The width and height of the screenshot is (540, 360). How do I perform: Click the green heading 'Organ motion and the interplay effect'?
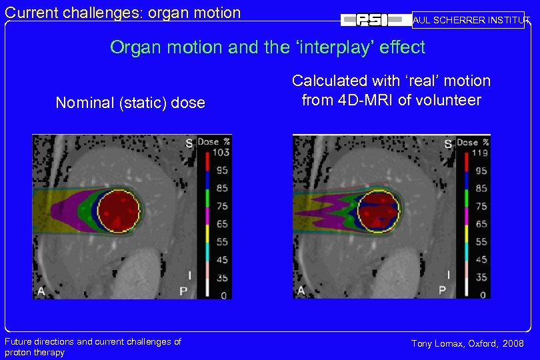(267, 47)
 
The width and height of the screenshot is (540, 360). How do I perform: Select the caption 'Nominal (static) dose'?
(130, 103)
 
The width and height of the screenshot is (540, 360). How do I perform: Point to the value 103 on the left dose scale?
(222, 153)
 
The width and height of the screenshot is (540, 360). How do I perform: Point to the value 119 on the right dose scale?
(479, 153)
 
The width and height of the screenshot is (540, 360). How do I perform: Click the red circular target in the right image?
(378, 209)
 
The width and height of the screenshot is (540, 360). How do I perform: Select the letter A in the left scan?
(41, 290)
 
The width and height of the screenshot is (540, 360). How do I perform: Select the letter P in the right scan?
(441, 290)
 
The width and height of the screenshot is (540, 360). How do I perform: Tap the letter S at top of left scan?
(189, 143)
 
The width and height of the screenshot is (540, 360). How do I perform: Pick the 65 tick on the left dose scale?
(221, 224)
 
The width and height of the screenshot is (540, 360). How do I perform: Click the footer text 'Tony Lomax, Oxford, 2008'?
(467, 343)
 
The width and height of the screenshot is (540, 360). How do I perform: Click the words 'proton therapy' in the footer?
(35, 353)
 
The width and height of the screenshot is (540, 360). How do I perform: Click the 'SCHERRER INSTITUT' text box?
(468, 20)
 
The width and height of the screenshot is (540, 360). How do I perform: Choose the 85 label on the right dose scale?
(481, 189)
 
